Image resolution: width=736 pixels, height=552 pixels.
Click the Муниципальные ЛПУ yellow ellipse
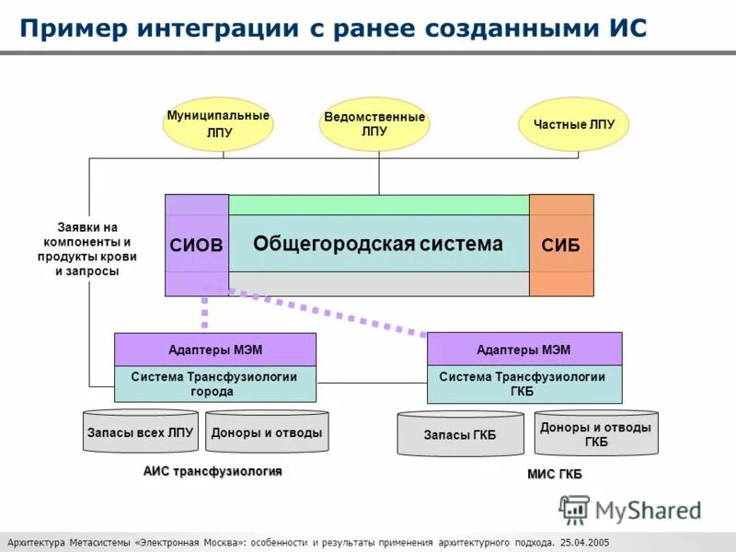tap(218, 124)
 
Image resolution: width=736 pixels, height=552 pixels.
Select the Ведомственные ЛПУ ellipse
tap(374, 124)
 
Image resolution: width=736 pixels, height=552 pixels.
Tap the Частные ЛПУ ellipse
tap(574, 124)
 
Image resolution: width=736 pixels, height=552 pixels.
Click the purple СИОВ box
tap(197, 245)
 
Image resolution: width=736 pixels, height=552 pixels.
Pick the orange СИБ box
tap(561, 245)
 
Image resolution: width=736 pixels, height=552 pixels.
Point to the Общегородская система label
tap(378, 244)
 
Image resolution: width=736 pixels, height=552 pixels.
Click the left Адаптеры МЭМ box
tap(214, 350)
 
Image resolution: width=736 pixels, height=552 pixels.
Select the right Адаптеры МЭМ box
tap(523, 350)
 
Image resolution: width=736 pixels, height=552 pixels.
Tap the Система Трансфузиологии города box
tap(214, 384)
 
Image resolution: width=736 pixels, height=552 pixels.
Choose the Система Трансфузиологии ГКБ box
tap(523, 384)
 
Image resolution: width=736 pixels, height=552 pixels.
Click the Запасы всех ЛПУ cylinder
tap(140, 432)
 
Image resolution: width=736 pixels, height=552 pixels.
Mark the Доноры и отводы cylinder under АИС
tap(267, 432)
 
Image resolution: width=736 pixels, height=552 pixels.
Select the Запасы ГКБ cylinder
tap(460, 435)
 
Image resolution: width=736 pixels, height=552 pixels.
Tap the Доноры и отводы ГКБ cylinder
tap(596, 434)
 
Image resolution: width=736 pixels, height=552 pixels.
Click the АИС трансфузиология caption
tap(213, 471)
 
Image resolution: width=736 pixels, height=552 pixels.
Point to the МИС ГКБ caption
tap(554, 474)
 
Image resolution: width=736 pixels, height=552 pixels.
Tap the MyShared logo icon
tap(575, 509)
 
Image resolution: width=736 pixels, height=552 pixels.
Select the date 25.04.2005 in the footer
tap(583, 542)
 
